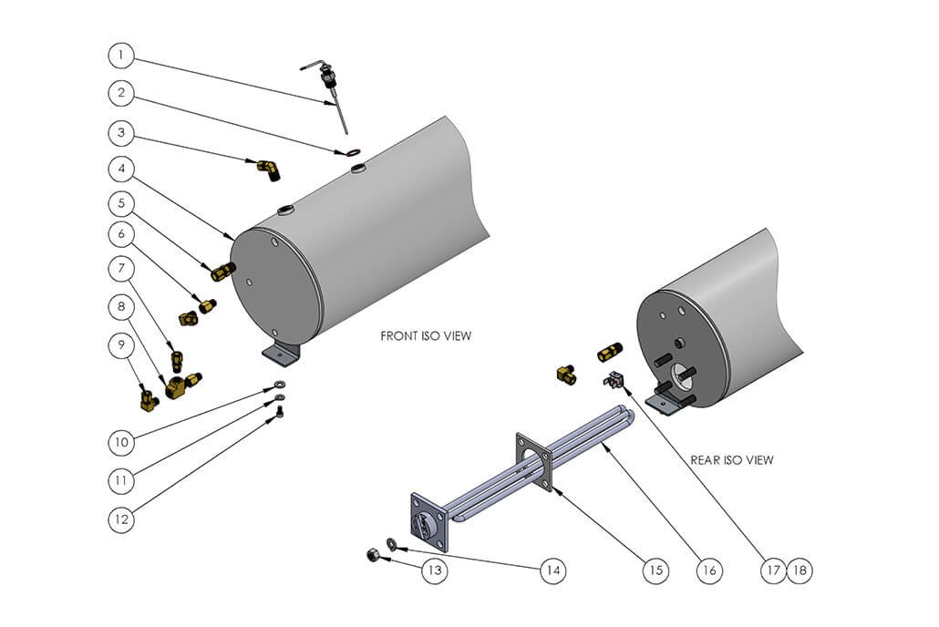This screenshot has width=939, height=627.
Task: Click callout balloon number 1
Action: point(120,57)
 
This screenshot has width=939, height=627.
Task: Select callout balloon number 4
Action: point(120,170)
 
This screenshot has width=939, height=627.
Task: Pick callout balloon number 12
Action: point(120,519)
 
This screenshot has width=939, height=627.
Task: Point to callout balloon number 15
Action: point(654,571)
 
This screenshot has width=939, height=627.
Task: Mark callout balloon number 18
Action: point(800,571)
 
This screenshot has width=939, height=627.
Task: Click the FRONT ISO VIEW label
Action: point(426,336)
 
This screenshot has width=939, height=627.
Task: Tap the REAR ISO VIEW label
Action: point(732,460)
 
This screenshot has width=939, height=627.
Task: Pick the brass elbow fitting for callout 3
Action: point(268,169)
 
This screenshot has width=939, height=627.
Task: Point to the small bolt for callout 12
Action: point(280,414)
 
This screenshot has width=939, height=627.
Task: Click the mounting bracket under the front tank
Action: point(281,351)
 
